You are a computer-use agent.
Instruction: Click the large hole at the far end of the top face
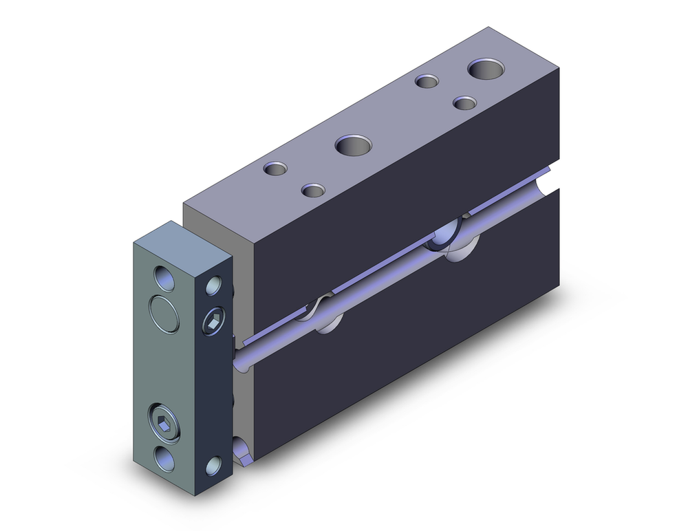coord(486,69)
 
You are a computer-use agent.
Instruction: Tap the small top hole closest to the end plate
coord(276,168)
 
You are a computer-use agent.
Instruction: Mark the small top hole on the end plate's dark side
coord(214,285)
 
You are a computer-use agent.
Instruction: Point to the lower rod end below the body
coord(242,451)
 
